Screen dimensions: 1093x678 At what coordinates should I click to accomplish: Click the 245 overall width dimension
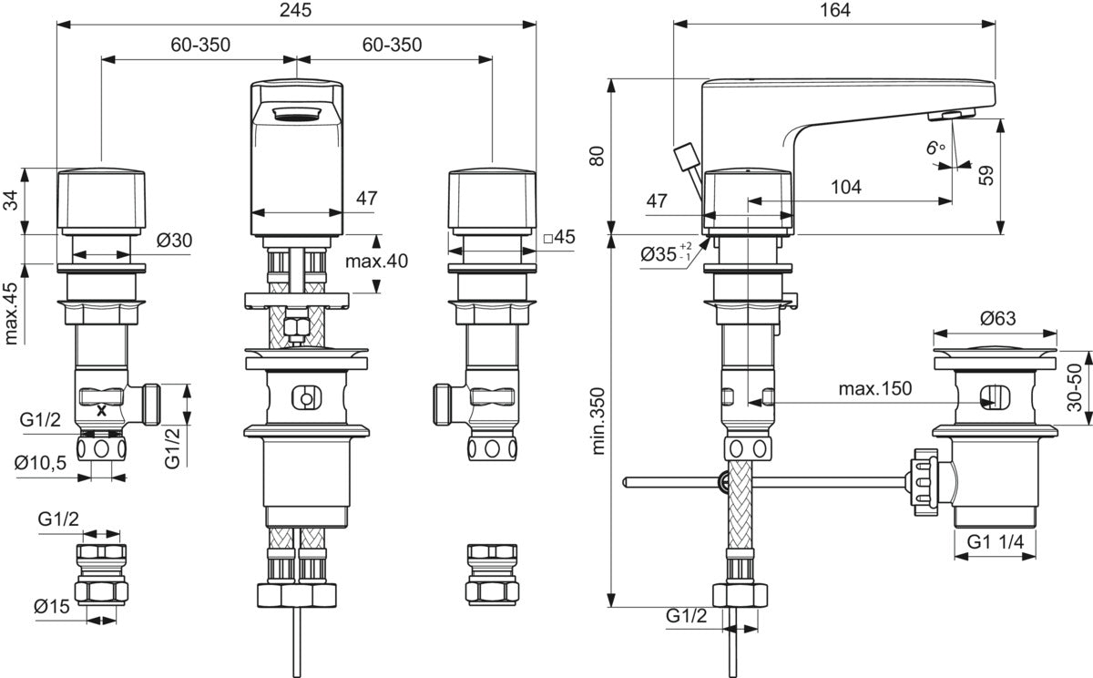coord(295,10)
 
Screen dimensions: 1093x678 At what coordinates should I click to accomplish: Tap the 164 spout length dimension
coord(835,10)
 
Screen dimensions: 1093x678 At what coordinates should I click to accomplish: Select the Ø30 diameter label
coord(174,241)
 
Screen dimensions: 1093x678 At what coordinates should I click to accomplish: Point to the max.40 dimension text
coord(376,262)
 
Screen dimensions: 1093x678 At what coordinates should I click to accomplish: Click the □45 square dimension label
coord(559,237)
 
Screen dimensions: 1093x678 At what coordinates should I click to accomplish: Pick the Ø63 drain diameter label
coord(998,319)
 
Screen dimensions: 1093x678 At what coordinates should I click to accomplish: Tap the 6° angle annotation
coord(935,148)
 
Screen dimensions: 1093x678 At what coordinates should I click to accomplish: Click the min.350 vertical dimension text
coord(598,421)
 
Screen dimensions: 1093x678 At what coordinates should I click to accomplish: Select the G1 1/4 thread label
coord(995,542)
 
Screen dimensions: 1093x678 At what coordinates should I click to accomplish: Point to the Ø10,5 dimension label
coord(40,463)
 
